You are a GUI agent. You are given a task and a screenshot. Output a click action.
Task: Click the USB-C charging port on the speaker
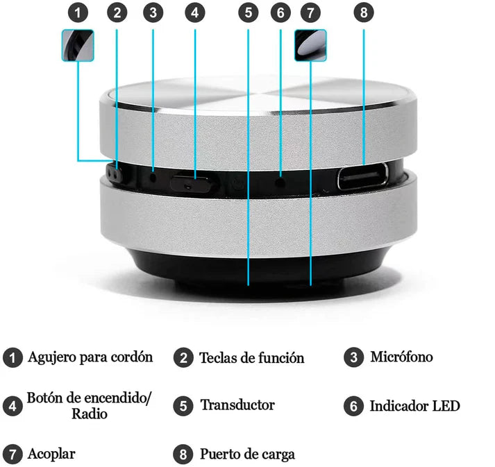pos(362,176)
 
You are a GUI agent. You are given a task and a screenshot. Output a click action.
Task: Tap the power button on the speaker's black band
pos(193,183)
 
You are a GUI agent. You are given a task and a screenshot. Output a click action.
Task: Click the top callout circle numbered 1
pos(78,13)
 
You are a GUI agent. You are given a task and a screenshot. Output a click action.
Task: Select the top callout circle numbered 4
pos(195,13)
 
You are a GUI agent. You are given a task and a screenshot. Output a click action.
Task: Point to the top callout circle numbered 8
pos(364,13)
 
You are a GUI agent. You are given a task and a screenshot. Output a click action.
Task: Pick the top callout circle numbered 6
pos(280,13)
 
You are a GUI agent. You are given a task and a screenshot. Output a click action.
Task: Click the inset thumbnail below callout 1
pos(78,45)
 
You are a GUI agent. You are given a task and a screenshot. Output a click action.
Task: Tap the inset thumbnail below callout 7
pos(310,45)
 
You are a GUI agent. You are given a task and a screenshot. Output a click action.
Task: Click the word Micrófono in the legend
pos(401,357)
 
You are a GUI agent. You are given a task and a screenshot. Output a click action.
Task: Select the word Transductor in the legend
pos(237,405)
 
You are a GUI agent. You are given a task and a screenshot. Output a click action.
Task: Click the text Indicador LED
pos(415,406)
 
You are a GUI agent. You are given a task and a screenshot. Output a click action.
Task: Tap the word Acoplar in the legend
pos(51,455)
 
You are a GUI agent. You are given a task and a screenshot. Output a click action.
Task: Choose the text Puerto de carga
pos(247,455)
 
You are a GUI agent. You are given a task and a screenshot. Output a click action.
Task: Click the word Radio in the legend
pos(90,414)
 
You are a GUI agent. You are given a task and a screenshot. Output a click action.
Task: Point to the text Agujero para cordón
pos(90,357)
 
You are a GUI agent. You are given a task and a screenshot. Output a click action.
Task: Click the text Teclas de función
pos(252,358)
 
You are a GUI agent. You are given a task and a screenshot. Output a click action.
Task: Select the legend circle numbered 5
pos(183,406)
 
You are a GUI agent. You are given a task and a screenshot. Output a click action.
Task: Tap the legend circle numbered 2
pos(183,358)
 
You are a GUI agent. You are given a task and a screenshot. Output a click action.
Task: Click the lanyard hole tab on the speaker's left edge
pos(115,173)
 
